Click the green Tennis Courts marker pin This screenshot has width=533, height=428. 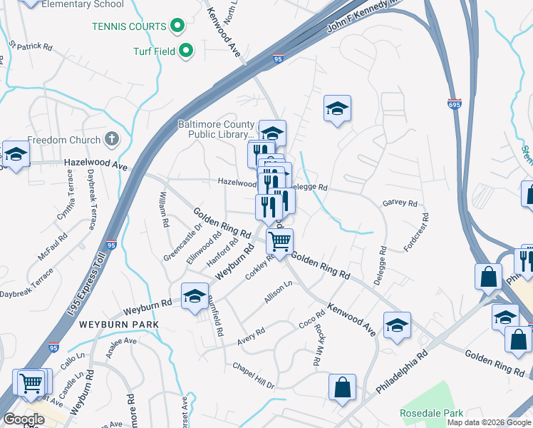[178, 27]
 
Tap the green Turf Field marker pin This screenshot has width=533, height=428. [186, 51]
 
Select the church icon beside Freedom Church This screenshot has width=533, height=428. [111, 139]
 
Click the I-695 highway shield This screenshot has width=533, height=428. [454, 105]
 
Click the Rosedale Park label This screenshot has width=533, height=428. [431, 413]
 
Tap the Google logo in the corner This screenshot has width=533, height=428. [24, 419]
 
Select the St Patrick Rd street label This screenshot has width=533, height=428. [31, 45]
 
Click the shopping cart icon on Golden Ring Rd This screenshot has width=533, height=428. [279, 241]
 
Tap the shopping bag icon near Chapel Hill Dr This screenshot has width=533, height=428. [342, 387]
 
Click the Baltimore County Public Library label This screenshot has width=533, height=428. [215, 128]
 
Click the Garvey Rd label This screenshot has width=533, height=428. [400, 203]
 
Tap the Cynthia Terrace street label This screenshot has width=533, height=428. [66, 200]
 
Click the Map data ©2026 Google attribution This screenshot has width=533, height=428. [488, 422]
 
